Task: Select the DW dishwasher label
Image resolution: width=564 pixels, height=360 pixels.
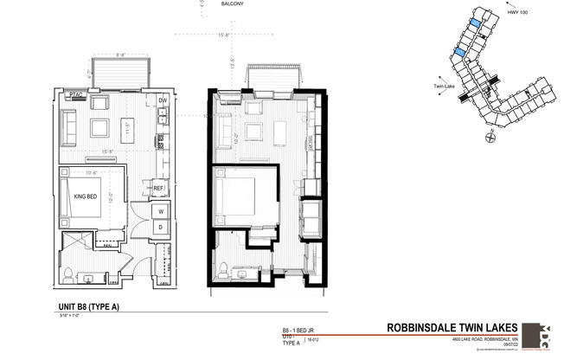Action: pos(162,101)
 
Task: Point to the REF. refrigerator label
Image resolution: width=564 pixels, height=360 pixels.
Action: pos(159,188)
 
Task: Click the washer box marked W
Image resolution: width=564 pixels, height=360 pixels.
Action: pos(161,210)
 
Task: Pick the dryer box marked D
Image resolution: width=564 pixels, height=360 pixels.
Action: pos(161,227)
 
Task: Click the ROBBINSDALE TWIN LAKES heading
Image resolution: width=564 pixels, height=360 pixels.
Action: pos(452,328)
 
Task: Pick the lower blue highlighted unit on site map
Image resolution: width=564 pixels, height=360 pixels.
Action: pos(460,55)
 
